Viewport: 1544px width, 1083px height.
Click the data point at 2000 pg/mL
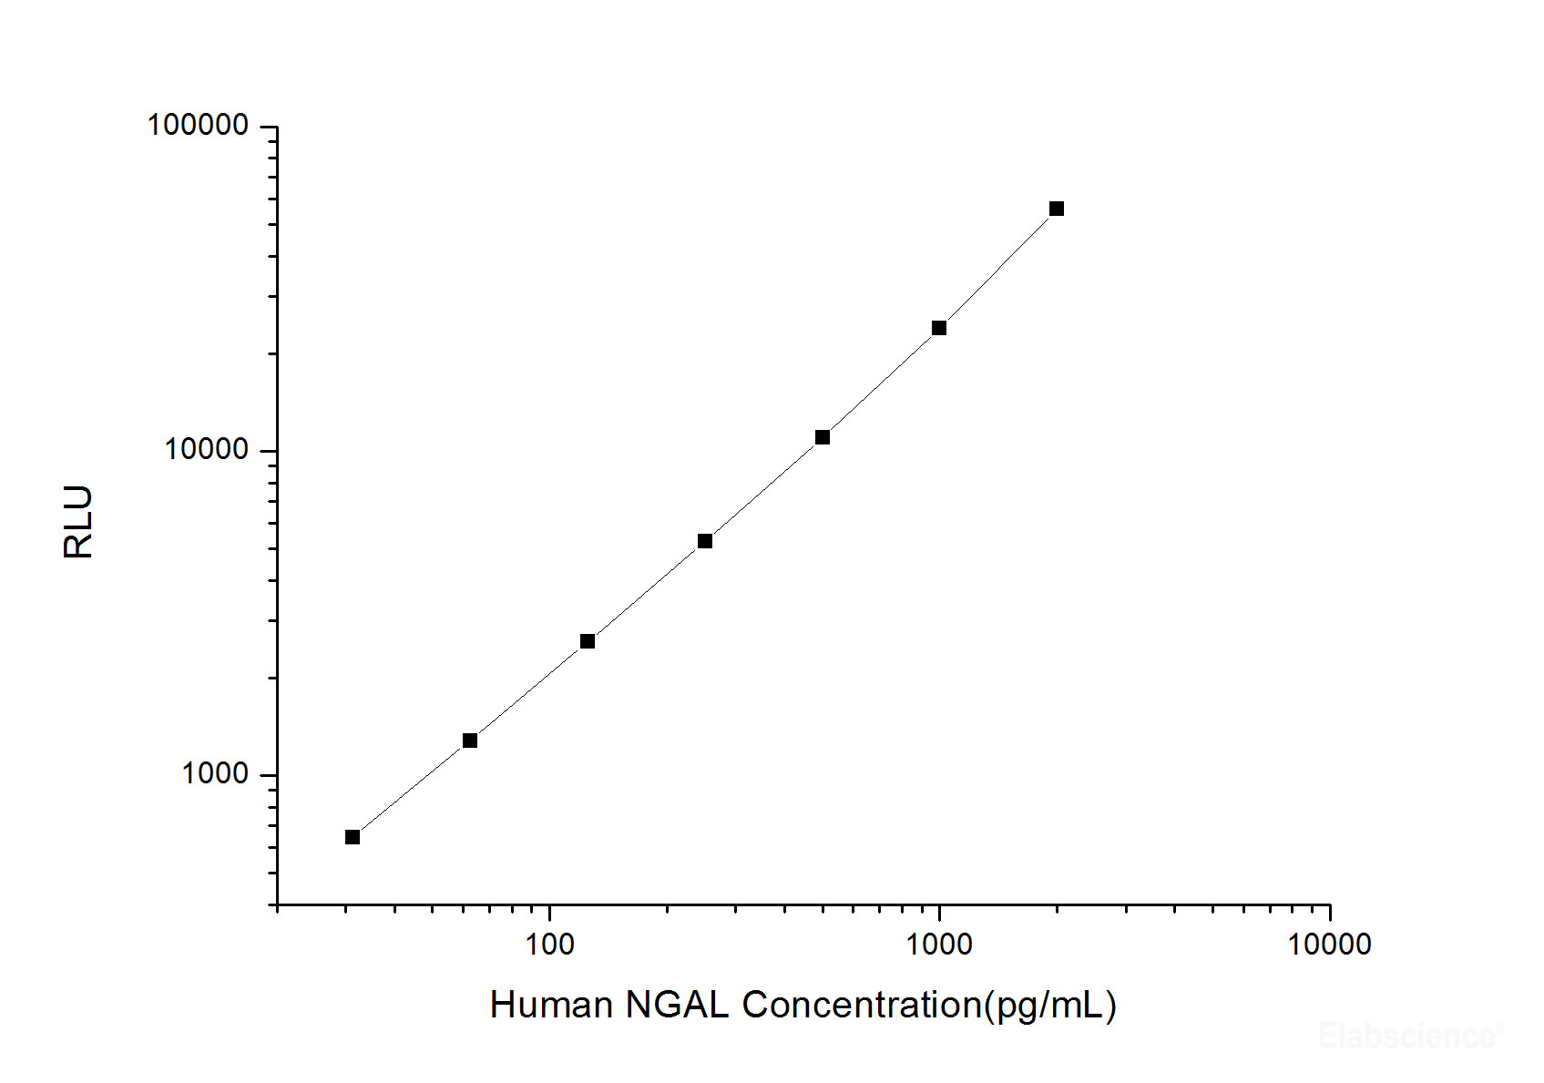(1057, 209)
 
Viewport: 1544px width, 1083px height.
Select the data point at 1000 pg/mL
(939, 328)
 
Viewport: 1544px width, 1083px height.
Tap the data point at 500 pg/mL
(823, 437)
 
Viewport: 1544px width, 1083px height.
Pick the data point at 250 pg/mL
(705, 541)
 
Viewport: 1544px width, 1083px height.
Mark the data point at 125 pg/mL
(588, 641)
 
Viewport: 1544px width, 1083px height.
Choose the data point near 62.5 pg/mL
(470, 741)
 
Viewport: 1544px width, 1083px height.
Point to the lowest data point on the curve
(353, 837)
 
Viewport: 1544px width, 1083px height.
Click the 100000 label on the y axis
(198, 125)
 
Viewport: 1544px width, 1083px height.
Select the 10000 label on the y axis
(206, 449)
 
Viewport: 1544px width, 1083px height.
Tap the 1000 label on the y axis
(215, 773)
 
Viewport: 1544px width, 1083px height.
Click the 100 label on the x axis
(549, 945)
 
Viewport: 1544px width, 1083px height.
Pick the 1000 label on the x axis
(939, 945)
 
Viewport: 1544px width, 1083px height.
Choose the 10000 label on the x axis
(1329, 945)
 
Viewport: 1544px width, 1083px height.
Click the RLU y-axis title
(79, 522)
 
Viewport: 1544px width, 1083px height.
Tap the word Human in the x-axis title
(551, 1006)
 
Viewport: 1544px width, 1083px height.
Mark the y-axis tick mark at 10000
(269, 451)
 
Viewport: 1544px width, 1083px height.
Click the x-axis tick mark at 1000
(939, 913)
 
